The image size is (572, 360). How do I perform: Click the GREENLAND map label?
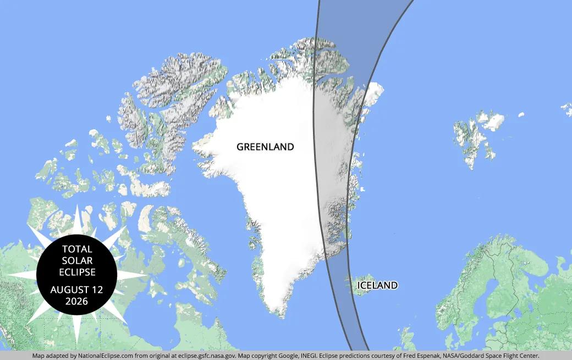coord(265,147)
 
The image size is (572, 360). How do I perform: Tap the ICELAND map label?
coord(377,285)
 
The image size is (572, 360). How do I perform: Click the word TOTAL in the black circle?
coord(77,249)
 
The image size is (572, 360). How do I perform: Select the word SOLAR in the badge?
coord(77,261)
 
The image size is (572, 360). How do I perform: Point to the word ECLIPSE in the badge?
coord(77,272)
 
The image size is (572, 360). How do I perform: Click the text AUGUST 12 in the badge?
coord(77,290)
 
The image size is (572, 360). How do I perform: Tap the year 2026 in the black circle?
coord(77,301)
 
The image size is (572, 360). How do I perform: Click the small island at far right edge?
coord(566,107)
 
